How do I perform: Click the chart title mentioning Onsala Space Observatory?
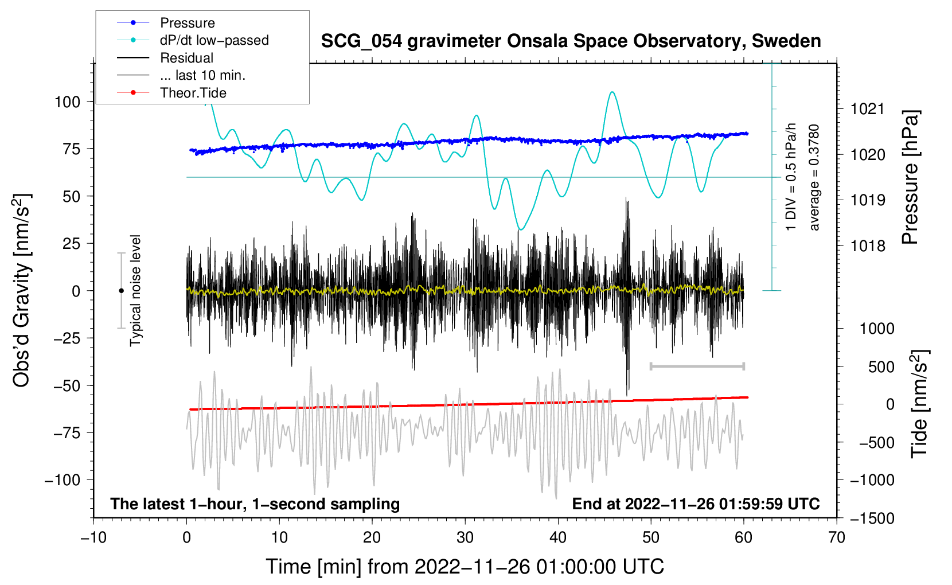tap(571, 41)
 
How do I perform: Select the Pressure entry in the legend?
tap(166, 22)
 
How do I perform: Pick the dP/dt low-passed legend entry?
tap(193, 40)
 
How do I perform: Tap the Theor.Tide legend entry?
tap(171, 93)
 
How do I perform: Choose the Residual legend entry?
tap(165, 58)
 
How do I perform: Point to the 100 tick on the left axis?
tap(68, 102)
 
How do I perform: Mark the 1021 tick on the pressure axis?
tap(868, 110)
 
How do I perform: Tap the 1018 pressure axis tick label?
tap(868, 245)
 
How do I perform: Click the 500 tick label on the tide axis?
tap(881, 366)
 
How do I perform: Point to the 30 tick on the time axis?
tap(465, 538)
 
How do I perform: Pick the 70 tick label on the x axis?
tap(836, 538)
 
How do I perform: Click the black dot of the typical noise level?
tap(121, 291)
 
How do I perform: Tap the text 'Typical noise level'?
tap(135, 291)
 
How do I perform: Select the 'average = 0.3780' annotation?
tap(813, 178)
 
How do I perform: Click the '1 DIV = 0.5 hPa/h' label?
tap(790, 177)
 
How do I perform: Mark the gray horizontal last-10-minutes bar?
tap(697, 366)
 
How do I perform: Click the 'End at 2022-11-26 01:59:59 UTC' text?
tap(696, 504)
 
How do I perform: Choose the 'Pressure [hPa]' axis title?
tap(910, 177)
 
